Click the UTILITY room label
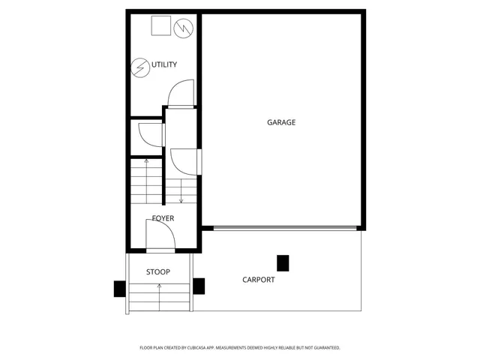point(164,65)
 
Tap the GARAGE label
point(281,122)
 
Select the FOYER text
point(163,218)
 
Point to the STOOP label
point(157,272)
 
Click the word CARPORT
point(258,280)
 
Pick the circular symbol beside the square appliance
point(183,28)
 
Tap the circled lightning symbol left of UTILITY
point(139,67)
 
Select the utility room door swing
point(182,94)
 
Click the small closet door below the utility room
point(152,133)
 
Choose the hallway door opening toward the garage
point(185,160)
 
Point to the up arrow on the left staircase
point(146,162)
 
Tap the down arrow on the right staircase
point(181,199)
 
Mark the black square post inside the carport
point(283,262)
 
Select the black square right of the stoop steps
point(199,285)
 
